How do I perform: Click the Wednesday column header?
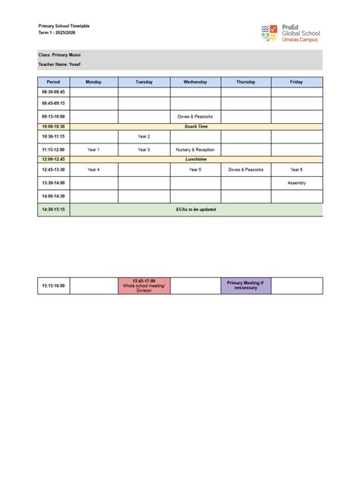195,81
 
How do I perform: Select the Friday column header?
296,81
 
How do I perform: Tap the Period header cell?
53,81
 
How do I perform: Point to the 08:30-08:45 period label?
53,91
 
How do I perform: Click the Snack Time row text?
195,126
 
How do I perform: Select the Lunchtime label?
195,159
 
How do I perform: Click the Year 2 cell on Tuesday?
144,136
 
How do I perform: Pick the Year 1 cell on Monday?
93,150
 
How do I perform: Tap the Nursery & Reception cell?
195,150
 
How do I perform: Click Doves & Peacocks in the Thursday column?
246,169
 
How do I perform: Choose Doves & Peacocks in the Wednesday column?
195,116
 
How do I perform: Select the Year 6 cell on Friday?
296,169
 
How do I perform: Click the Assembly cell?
296,183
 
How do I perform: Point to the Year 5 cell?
195,169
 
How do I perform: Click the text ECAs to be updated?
195,209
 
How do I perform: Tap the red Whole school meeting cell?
144,286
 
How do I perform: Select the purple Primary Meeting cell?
246,286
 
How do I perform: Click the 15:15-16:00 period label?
53,286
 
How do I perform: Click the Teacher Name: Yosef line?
59,65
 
